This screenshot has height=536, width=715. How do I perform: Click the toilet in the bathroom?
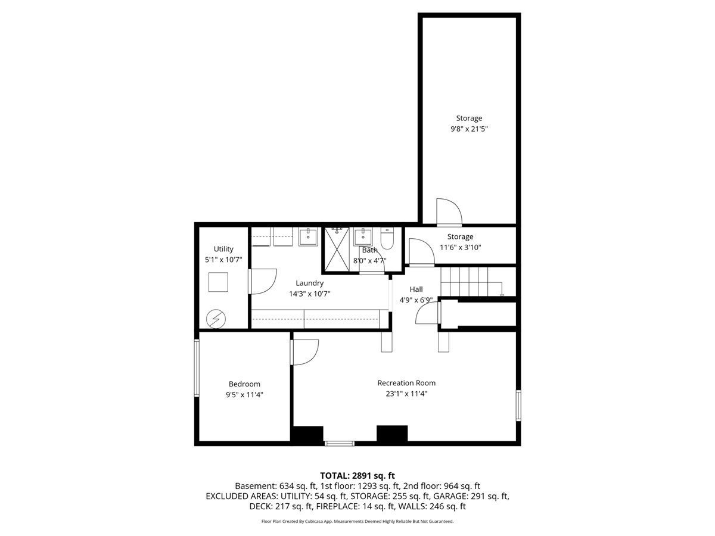pyautogui.click(x=387, y=239)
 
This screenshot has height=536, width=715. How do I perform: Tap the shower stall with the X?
pyautogui.click(x=337, y=250)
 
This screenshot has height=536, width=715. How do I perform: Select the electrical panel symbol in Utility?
pyautogui.click(x=216, y=319)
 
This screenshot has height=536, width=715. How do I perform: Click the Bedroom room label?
pyautogui.click(x=244, y=384)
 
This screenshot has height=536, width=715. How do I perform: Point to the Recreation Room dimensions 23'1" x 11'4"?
pyautogui.click(x=406, y=394)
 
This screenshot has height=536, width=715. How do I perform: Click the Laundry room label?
pyautogui.click(x=309, y=283)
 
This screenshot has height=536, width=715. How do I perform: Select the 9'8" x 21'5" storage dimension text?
pyautogui.click(x=469, y=129)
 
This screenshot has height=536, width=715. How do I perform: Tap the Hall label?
pyautogui.click(x=416, y=289)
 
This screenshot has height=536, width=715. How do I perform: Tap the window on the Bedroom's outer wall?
pyautogui.click(x=197, y=367)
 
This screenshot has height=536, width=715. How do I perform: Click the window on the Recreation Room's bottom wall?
pyautogui.click(x=340, y=443)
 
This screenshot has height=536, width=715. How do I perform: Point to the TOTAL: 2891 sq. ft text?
pyautogui.click(x=357, y=476)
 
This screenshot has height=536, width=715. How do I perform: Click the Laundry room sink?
pyautogui.click(x=308, y=236)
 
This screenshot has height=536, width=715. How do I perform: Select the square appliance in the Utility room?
pyautogui.click(x=218, y=282)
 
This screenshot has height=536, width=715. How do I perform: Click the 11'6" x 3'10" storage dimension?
pyautogui.click(x=460, y=247)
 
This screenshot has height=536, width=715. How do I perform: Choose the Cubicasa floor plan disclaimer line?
pyautogui.click(x=357, y=521)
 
